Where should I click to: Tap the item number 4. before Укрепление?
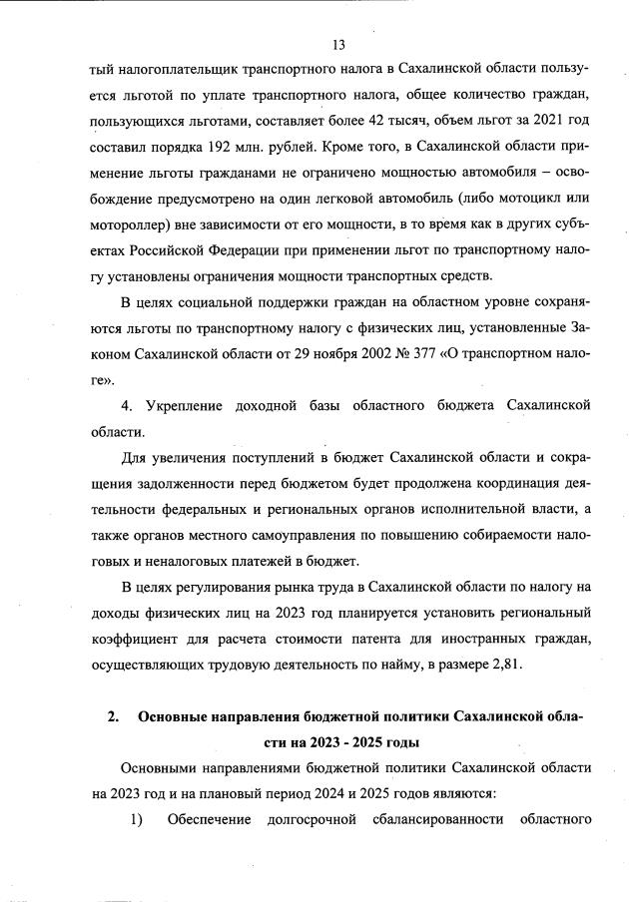(127, 406)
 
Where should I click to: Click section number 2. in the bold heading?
(114, 716)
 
